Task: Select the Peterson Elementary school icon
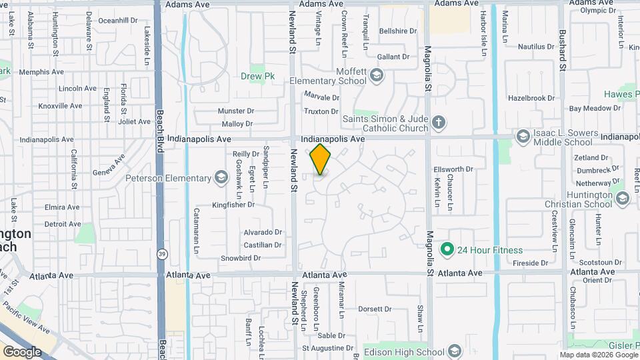point(221,177)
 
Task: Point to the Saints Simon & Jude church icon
point(438,122)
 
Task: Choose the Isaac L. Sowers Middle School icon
point(523,137)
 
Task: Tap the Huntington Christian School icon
point(623,198)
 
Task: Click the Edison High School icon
point(455,351)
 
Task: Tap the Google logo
point(22,351)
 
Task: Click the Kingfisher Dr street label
point(233,205)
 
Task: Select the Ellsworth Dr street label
point(453,169)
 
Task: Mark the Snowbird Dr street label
point(240,258)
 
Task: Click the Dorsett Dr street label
point(375,309)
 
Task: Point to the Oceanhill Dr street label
point(117,21)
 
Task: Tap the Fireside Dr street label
point(531,263)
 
